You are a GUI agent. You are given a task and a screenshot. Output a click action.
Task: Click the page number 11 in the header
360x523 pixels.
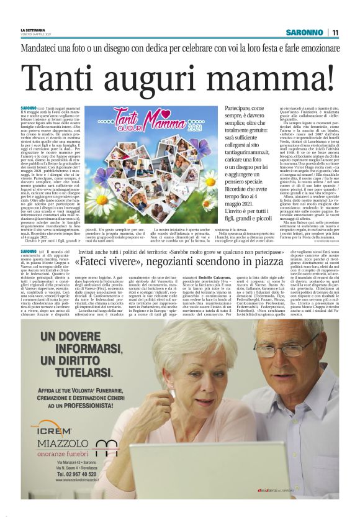pyautogui.click(x=335, y=32)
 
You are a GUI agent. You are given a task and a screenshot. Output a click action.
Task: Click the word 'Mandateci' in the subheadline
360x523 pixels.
pyautogui.click(x=42, y=48)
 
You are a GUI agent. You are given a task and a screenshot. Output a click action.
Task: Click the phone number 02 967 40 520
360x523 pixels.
pyautogui.click(x=74, y=473)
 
